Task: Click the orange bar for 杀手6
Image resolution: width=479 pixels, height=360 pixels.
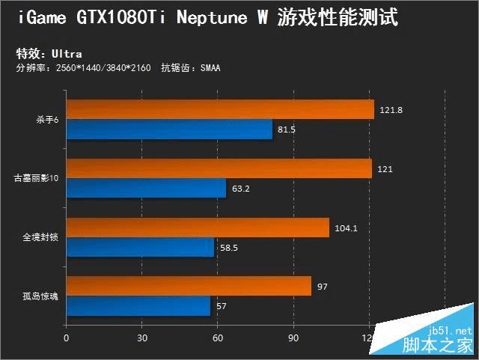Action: [220, 109]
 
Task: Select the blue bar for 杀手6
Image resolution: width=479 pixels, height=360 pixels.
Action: [169, 129]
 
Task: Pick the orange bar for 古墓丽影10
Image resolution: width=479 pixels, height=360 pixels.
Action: [219, 168]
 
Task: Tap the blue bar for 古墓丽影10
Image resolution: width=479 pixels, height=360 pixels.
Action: [146, 189]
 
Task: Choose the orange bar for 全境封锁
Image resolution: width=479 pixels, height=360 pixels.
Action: [198, 228]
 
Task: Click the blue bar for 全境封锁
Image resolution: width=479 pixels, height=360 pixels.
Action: [140, 248]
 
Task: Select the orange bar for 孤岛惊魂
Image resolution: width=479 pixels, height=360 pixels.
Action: [189, 287]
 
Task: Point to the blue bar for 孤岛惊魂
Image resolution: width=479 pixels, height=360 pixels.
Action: [138, 307]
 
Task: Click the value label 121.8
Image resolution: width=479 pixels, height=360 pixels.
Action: [391, 110]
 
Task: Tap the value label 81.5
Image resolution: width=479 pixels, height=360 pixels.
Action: [287, 129]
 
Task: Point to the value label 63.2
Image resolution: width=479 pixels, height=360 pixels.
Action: [241, 189]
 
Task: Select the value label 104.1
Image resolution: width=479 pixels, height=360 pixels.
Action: [346, 228]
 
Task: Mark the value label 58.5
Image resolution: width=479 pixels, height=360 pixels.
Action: [229, 248]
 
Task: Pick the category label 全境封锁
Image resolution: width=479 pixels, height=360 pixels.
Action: [40, 238]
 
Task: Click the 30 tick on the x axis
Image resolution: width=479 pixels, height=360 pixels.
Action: [142, 338]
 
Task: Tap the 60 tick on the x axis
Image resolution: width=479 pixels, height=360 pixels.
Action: [218, 338]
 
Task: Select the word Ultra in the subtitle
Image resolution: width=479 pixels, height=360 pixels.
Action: [67, 54]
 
